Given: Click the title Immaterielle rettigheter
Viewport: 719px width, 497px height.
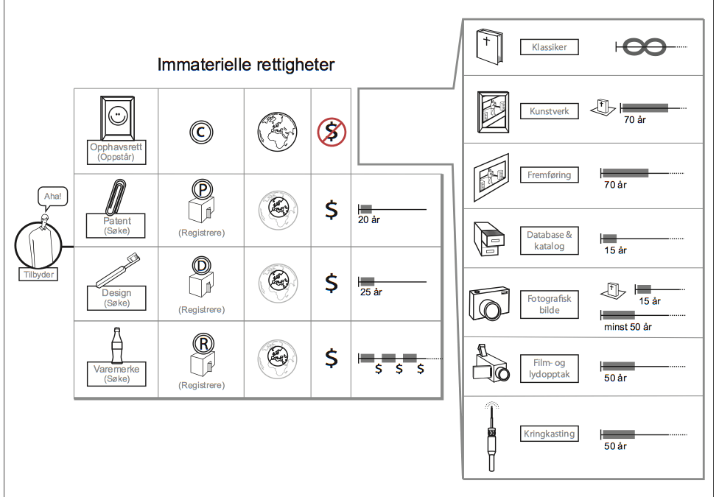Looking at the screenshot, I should pyautogui.click(x=246, y=65).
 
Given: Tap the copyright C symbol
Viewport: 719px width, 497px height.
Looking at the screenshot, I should pyautogui.click(x=201, y=132).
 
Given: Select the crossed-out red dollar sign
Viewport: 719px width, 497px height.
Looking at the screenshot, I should pyautogui.click(x=331, y=132).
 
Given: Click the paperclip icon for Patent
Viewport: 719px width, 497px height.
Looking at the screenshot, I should pyautogui.click(x=116, y=196).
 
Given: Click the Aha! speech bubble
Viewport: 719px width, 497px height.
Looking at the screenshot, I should pyautogui.click(x=52, y=197).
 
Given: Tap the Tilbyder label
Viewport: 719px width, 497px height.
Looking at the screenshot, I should pyautogui.click(x=38, y=274).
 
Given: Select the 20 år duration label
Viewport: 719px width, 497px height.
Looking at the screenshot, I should pyautogui.click(x=368, y=219).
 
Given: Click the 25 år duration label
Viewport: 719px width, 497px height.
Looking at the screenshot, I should pyautogui.click(x=371, y=292).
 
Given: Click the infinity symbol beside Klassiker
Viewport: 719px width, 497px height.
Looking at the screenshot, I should pyautogui.click(x=645, y=48).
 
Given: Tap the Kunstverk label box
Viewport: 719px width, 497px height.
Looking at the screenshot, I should pyautogui.click(x=549, y=111).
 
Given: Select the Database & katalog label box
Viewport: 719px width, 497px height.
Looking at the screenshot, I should pyautogui.click(x=549, y=240).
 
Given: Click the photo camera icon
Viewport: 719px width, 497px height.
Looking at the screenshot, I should pyautogui.click(x=489, y=303).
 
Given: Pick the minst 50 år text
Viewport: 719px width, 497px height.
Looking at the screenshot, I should pyautogui.click(x=628, y=326).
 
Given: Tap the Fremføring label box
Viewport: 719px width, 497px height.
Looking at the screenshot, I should pyautogui.click(x=549, y=175).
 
